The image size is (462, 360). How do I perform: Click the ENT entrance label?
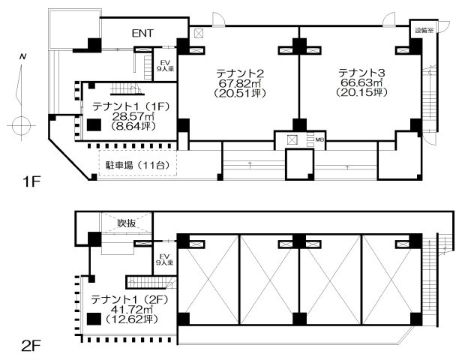point(142,33)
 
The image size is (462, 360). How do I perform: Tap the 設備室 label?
point(424,31)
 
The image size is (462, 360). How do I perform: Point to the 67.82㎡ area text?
point(239,83)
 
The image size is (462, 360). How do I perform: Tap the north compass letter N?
point(23,58)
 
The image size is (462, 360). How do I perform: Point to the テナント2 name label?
point(239,73)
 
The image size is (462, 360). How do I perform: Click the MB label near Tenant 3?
point(319,139)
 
